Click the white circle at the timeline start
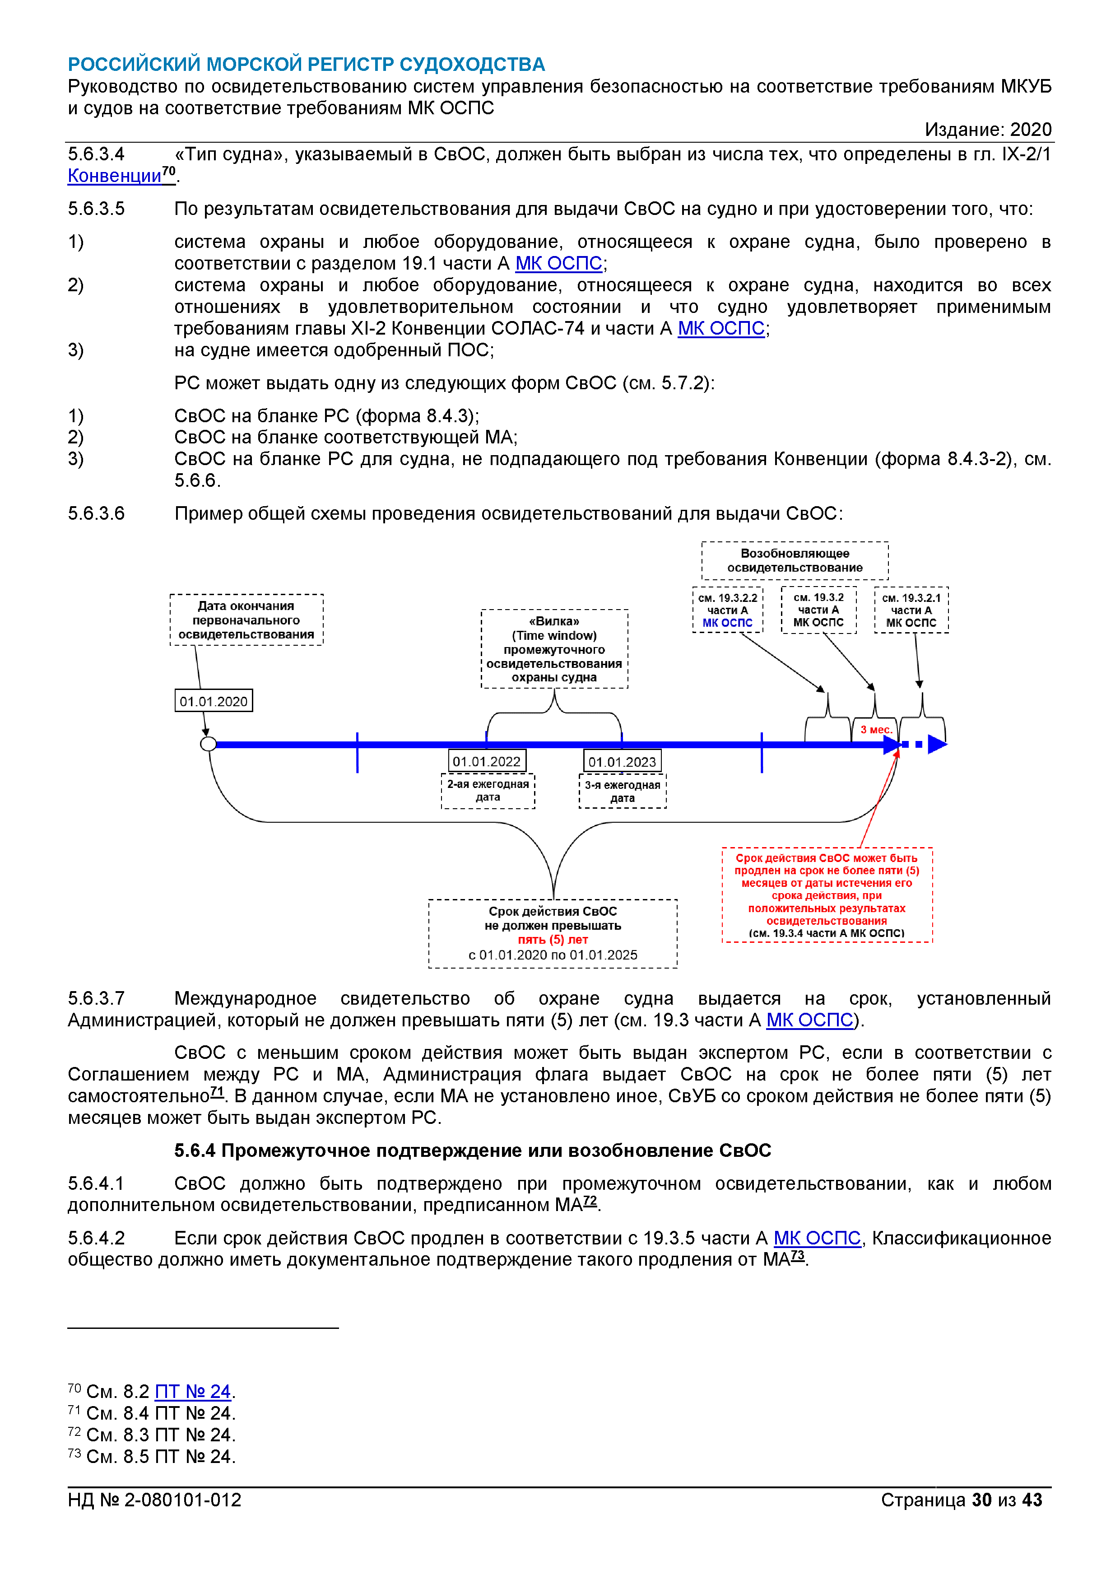coord(208,744)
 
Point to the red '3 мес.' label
coord(876,730)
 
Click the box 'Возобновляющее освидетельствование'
coord(795,560)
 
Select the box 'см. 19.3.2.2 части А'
coord(728,610)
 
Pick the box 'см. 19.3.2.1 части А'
coord(911,610)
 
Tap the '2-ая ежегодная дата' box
coord(488,791)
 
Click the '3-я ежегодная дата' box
coord(622,791)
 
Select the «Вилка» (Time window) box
coord(554,648)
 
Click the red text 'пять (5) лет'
coord(553,940)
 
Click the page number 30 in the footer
coord(981,1500)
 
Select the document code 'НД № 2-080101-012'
coord(154,1500)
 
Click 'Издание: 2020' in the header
coord(988,130)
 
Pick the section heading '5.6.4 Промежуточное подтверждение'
coord(472,1151)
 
